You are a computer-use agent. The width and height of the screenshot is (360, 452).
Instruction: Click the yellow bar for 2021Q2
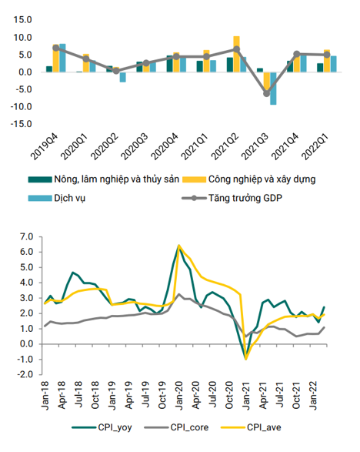[236, 54]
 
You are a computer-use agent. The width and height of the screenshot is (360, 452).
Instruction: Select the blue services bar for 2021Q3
[273, 89]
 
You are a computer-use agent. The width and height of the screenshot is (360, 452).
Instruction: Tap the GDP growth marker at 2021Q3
[267, 94]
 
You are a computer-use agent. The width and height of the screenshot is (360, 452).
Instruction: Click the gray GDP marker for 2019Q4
[56, 49]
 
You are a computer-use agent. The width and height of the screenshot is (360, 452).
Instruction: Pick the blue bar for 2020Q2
[122, 77]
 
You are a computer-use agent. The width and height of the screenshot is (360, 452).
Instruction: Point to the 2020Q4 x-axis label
[165, 146]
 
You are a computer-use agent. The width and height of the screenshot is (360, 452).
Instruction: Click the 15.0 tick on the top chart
[22, 20]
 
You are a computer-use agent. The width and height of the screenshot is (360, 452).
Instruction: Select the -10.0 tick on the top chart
[21, 107]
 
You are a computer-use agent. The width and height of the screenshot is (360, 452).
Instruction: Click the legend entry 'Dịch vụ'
[56, 199]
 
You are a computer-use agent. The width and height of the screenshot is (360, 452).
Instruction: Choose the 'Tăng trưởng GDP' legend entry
[232, 198]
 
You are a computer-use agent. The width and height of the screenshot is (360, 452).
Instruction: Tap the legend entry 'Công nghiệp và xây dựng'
[249, 179]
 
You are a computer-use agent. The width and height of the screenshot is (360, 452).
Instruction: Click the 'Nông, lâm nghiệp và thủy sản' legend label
[104, 179]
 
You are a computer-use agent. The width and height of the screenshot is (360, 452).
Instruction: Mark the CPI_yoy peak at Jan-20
[179, 246]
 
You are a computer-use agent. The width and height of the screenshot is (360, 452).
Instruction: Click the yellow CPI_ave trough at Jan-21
[246, 359]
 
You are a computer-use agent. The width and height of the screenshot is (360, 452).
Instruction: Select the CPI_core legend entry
[176, 427]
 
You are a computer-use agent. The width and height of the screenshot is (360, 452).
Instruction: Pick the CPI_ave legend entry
[251, 427]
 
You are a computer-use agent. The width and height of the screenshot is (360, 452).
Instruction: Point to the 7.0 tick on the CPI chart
[26, 237]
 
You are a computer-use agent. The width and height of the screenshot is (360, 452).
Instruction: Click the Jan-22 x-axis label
[313, 395]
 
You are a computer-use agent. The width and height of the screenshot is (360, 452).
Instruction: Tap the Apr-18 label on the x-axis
[62, 395]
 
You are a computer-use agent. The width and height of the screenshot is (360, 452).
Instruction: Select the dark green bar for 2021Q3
[260, 70]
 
